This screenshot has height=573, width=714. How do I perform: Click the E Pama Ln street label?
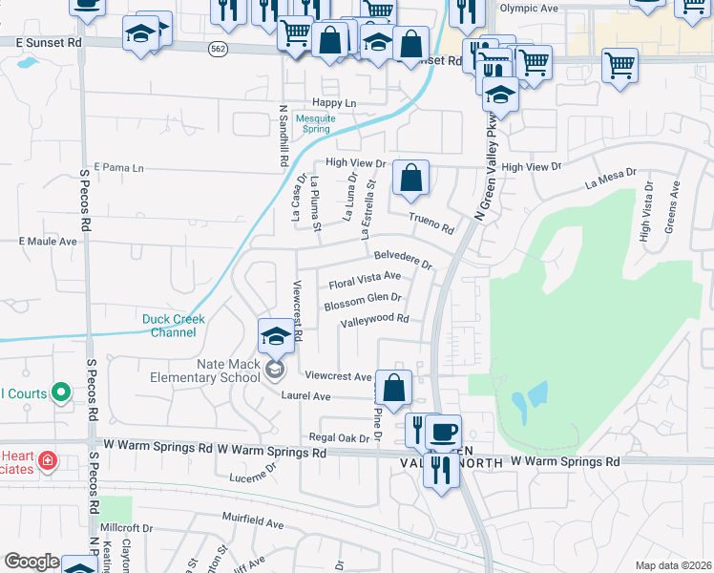(x=117, y=168)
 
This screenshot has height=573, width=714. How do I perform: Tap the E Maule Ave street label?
(x=48, y=242)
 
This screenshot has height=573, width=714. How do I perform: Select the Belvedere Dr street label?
(x=403, y=259)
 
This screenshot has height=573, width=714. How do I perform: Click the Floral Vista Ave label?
(x=364, y=281)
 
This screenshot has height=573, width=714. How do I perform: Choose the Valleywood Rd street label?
(x=374, y=321)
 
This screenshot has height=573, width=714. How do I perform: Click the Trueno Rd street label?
(x=430, y=223)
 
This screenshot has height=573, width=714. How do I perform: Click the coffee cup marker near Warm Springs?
(x=442, y=431)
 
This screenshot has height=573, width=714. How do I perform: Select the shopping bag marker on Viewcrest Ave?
(x=392, y=388)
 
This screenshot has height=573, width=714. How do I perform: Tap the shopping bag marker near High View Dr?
(x=410, y=178)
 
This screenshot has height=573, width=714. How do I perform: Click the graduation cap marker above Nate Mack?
(x=276, y=336)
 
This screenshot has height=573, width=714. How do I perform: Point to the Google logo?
(x=31, y=562)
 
